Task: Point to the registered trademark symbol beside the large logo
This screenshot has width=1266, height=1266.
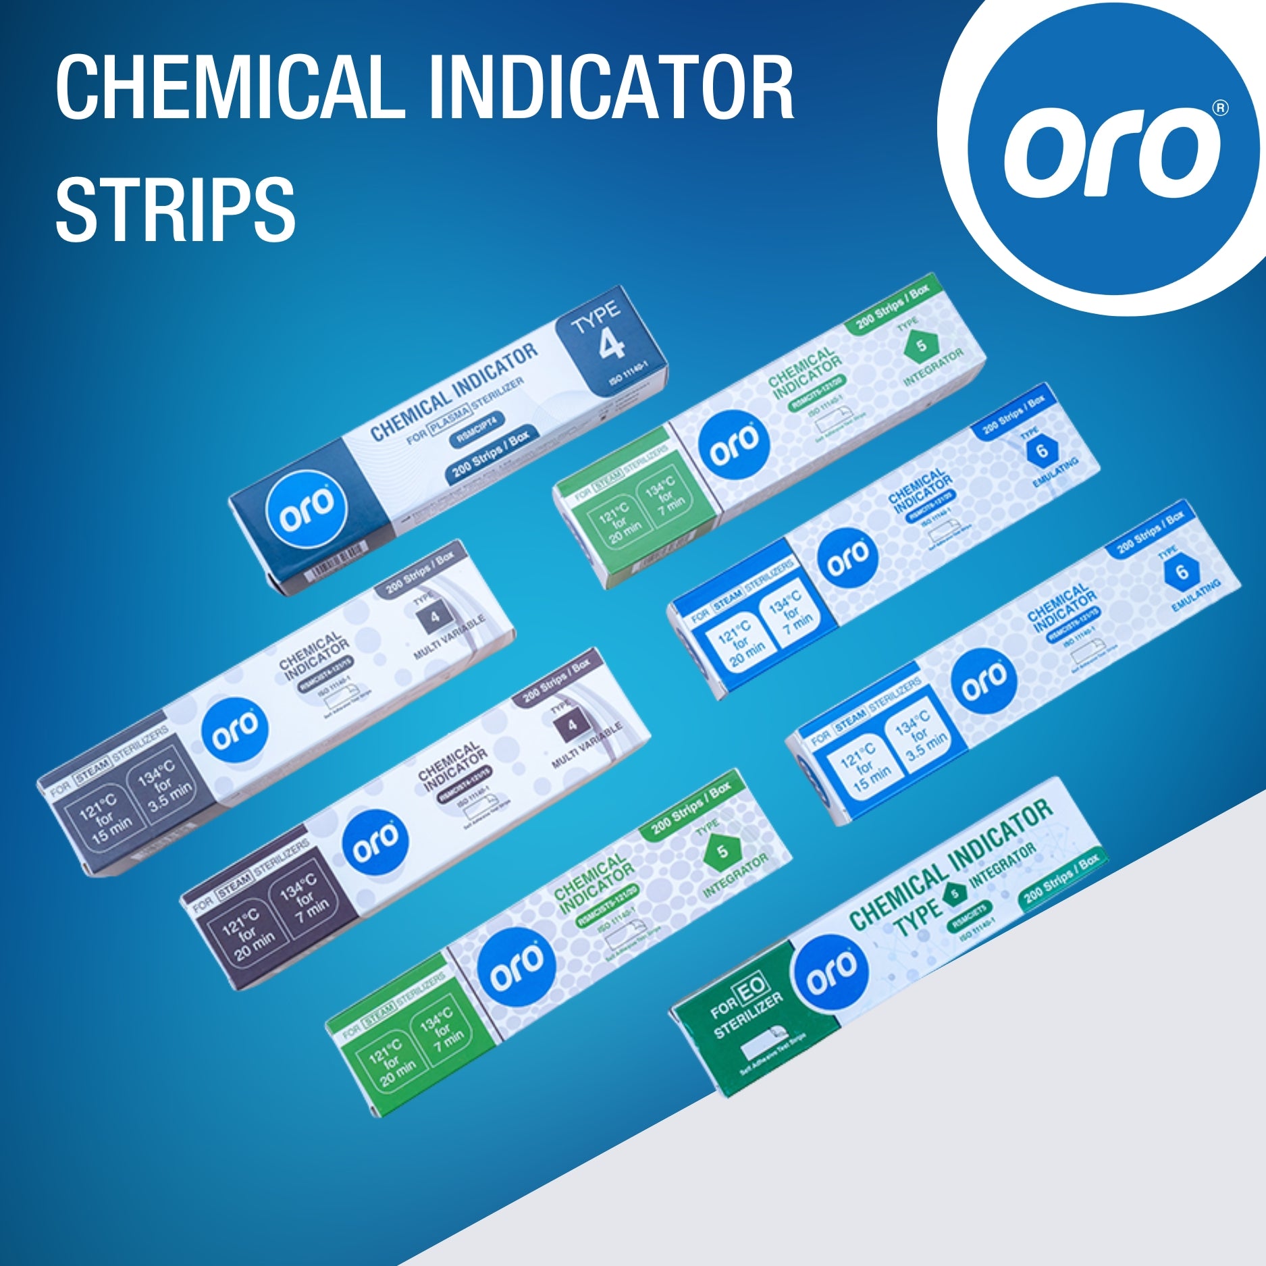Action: [1220, 108]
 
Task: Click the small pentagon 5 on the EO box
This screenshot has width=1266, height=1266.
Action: [955, 894]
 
